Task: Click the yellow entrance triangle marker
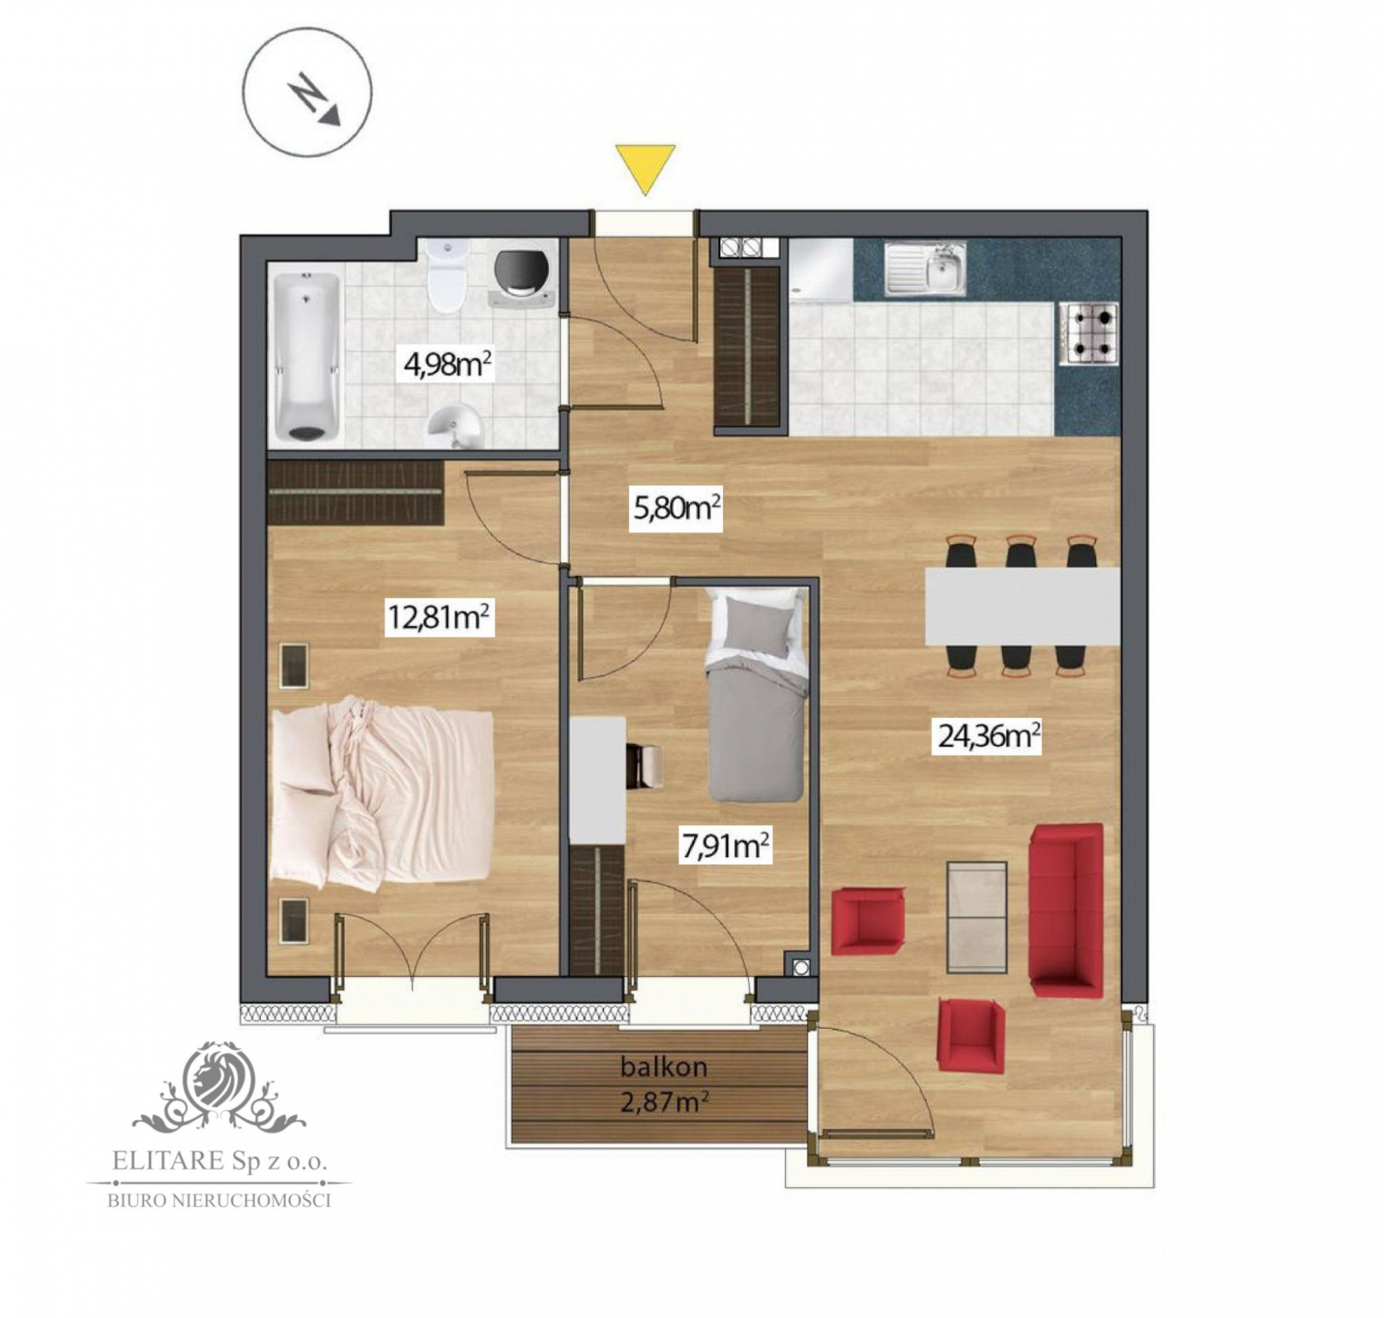coord(645,167)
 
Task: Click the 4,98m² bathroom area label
coord(447,365)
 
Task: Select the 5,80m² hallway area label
coord(676,507)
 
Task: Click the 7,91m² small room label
coord(725,847)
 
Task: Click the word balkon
coord(663,1068)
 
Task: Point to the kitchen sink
coord(925,269)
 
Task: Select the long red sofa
coord(1065,910)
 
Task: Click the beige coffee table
coord(976,917)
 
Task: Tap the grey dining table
coord(1022,606)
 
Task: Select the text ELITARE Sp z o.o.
coord(220,1162)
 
